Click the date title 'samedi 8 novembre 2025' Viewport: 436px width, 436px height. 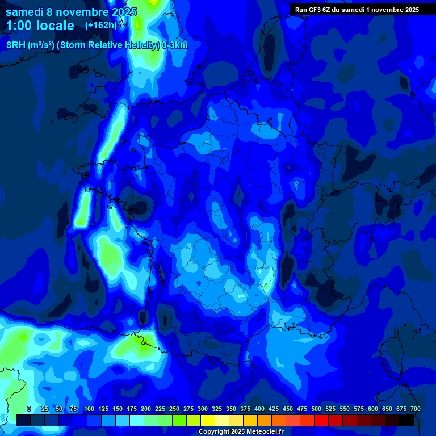71,12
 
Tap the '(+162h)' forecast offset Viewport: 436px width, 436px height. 100,26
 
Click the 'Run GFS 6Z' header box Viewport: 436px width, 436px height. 357,9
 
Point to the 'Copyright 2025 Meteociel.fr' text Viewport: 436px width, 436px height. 240,431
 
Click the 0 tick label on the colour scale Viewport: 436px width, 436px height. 29,409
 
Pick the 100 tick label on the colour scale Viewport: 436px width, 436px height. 89,409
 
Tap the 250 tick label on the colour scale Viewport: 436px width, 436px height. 174,409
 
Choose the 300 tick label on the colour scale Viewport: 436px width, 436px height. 202,409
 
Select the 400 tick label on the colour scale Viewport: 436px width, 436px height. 259,409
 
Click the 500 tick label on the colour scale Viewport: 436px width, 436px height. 316,409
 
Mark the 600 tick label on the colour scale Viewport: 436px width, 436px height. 372,409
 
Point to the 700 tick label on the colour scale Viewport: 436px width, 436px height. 415,409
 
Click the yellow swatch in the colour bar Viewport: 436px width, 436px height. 208,420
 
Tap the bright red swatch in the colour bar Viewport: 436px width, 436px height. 321,420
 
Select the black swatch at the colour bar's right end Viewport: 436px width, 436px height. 406,420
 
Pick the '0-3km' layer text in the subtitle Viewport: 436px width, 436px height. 174,45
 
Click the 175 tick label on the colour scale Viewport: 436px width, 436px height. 131,409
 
